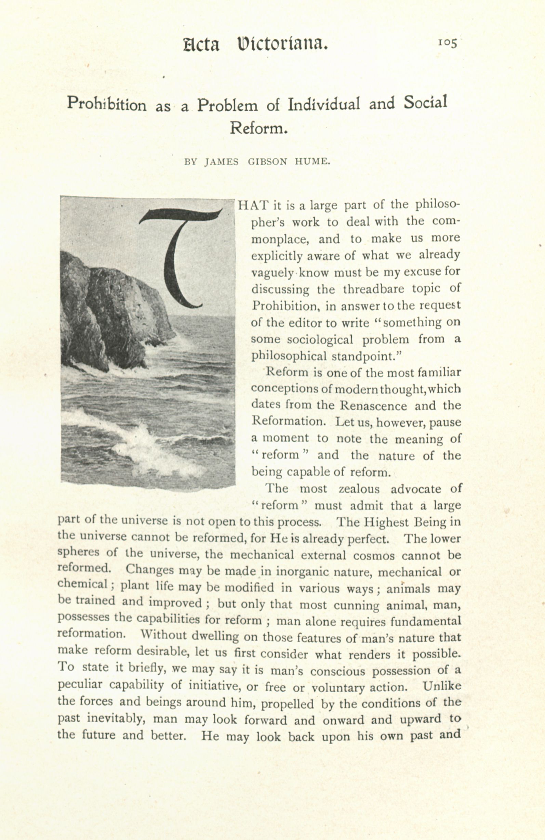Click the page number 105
(x=447, y=43)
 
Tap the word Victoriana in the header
(x=282, y=44)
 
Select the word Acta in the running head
(x=201, y=45)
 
